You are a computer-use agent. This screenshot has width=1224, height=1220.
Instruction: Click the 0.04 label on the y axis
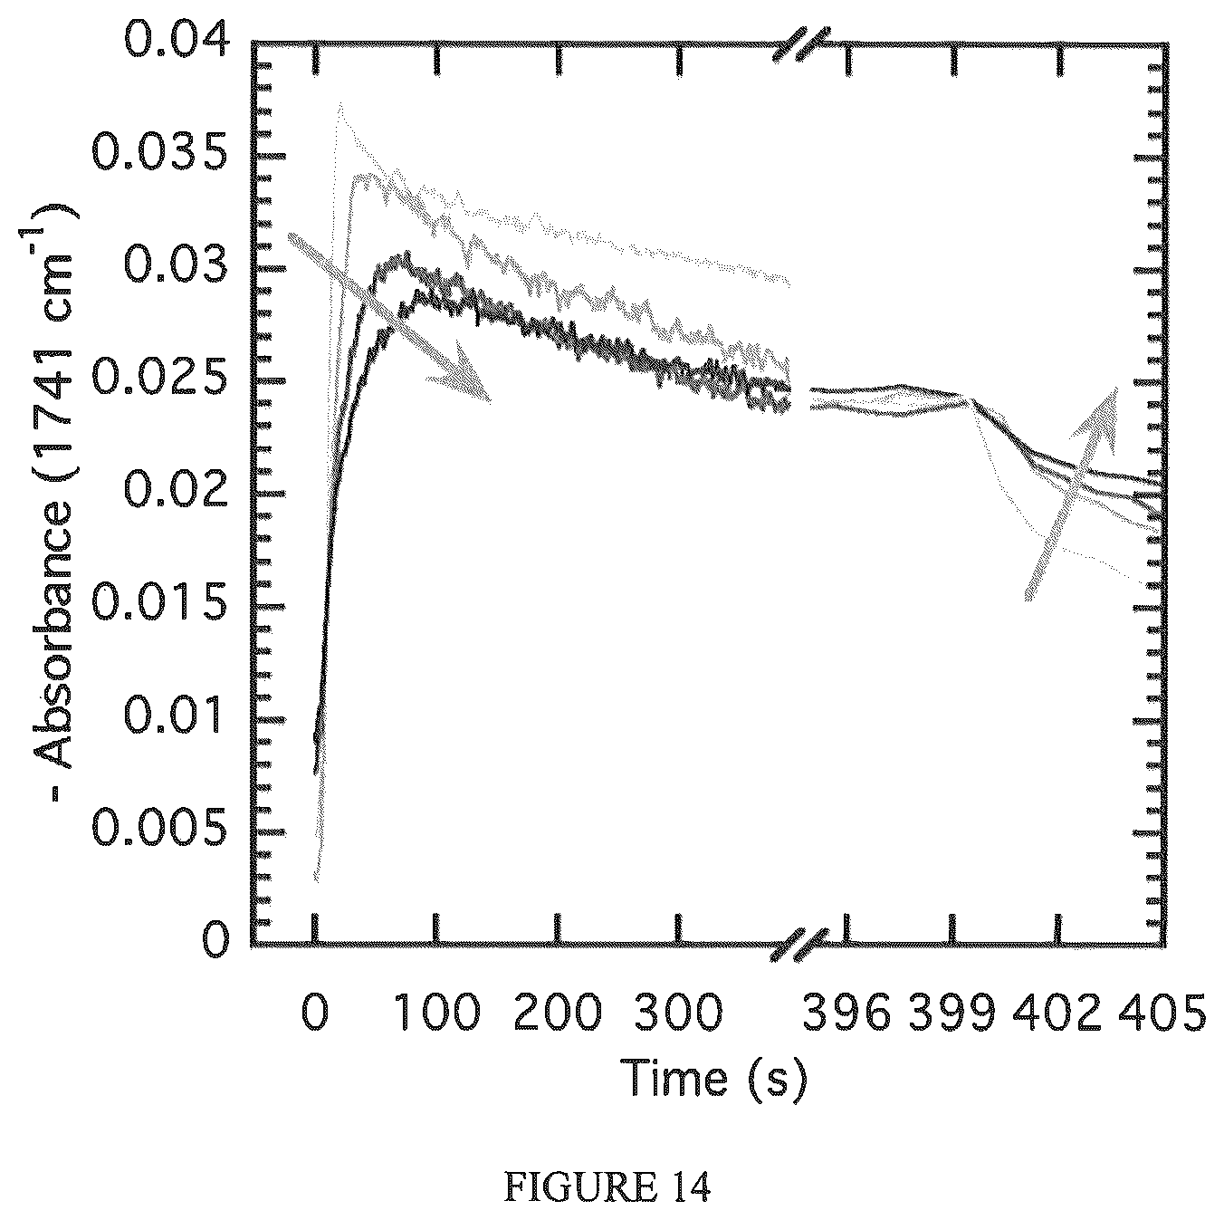176,42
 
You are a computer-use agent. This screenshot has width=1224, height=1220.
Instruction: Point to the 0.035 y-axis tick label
159,155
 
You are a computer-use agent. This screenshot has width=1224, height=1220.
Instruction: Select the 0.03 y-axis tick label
176,266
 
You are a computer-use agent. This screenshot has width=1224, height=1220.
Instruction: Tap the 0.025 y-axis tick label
159,379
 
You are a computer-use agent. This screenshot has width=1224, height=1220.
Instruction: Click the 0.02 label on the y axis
176,493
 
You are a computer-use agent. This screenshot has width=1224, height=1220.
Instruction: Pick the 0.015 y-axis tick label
159,605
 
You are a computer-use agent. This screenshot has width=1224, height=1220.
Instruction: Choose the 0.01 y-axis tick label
175,718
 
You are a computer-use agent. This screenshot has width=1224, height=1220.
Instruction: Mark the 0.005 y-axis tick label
159,831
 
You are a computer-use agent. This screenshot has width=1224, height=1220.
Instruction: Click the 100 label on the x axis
436,1012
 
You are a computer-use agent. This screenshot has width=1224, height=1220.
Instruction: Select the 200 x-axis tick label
557,1012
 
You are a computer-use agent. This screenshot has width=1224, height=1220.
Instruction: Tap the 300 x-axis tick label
679,1012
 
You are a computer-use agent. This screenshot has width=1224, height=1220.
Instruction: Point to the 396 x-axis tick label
846,1012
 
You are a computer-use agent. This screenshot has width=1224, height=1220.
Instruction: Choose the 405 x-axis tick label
1162,1012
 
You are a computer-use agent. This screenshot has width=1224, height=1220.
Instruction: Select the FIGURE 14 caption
607,1186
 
